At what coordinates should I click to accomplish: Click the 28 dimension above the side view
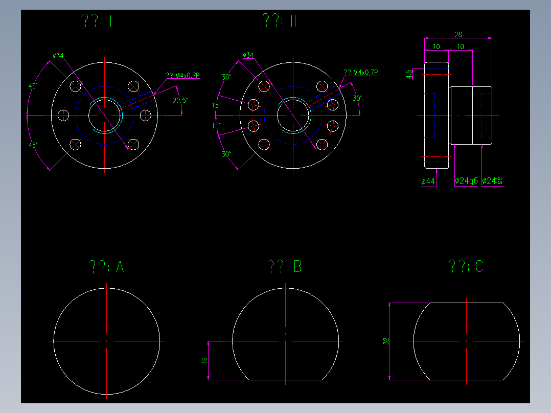458,35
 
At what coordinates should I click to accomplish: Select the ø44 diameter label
428,181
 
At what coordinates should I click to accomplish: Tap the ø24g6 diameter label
466,181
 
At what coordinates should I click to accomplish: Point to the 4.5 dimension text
409,74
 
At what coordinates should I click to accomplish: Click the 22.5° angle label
180,101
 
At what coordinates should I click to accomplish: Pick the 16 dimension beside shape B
205,360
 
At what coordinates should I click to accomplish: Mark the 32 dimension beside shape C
386,341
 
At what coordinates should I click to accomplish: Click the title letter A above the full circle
120,267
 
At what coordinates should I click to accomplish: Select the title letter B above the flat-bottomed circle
297,267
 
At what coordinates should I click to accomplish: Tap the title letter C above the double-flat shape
478,266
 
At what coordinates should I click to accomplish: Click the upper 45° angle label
33,86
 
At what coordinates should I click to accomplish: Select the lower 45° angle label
33,146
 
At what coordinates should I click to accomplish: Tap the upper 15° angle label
216,106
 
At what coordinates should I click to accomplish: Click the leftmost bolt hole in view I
64,115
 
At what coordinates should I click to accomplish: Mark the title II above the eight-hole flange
293,20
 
